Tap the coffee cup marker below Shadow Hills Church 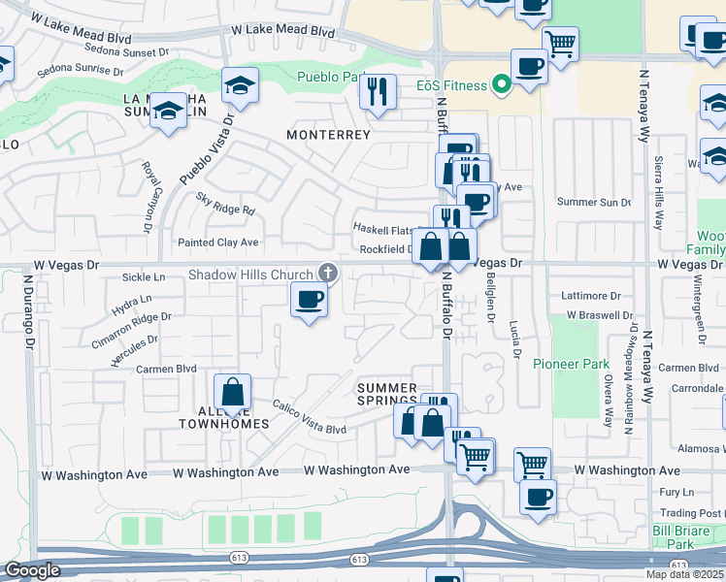[309, 300]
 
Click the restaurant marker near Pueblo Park [377, 92]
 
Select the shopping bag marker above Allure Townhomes [232, 394]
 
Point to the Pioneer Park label [571, 365]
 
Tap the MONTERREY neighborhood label [328, 135]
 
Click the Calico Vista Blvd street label [309, 418]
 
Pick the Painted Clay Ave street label [218, 242]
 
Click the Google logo [32, 570]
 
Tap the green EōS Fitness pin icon [501, 85]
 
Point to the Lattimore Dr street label [590, 295]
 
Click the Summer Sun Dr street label [594, 202]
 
